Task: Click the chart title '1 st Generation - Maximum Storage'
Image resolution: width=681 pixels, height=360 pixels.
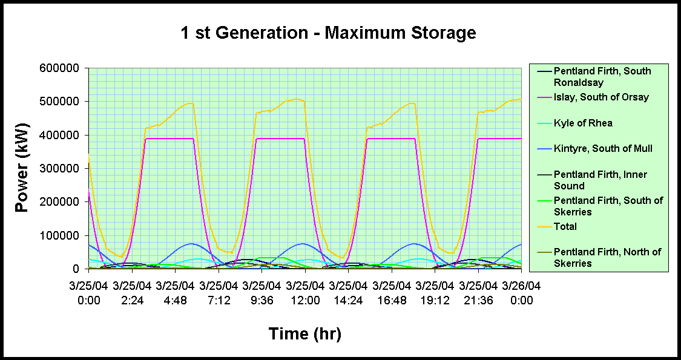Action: click(328, 33)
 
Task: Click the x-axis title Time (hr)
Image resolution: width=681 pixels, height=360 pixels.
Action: click(304, 333)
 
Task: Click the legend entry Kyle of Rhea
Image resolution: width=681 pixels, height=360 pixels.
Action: click(583, 123)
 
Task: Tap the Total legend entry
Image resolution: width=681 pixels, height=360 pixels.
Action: click(565, 226)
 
